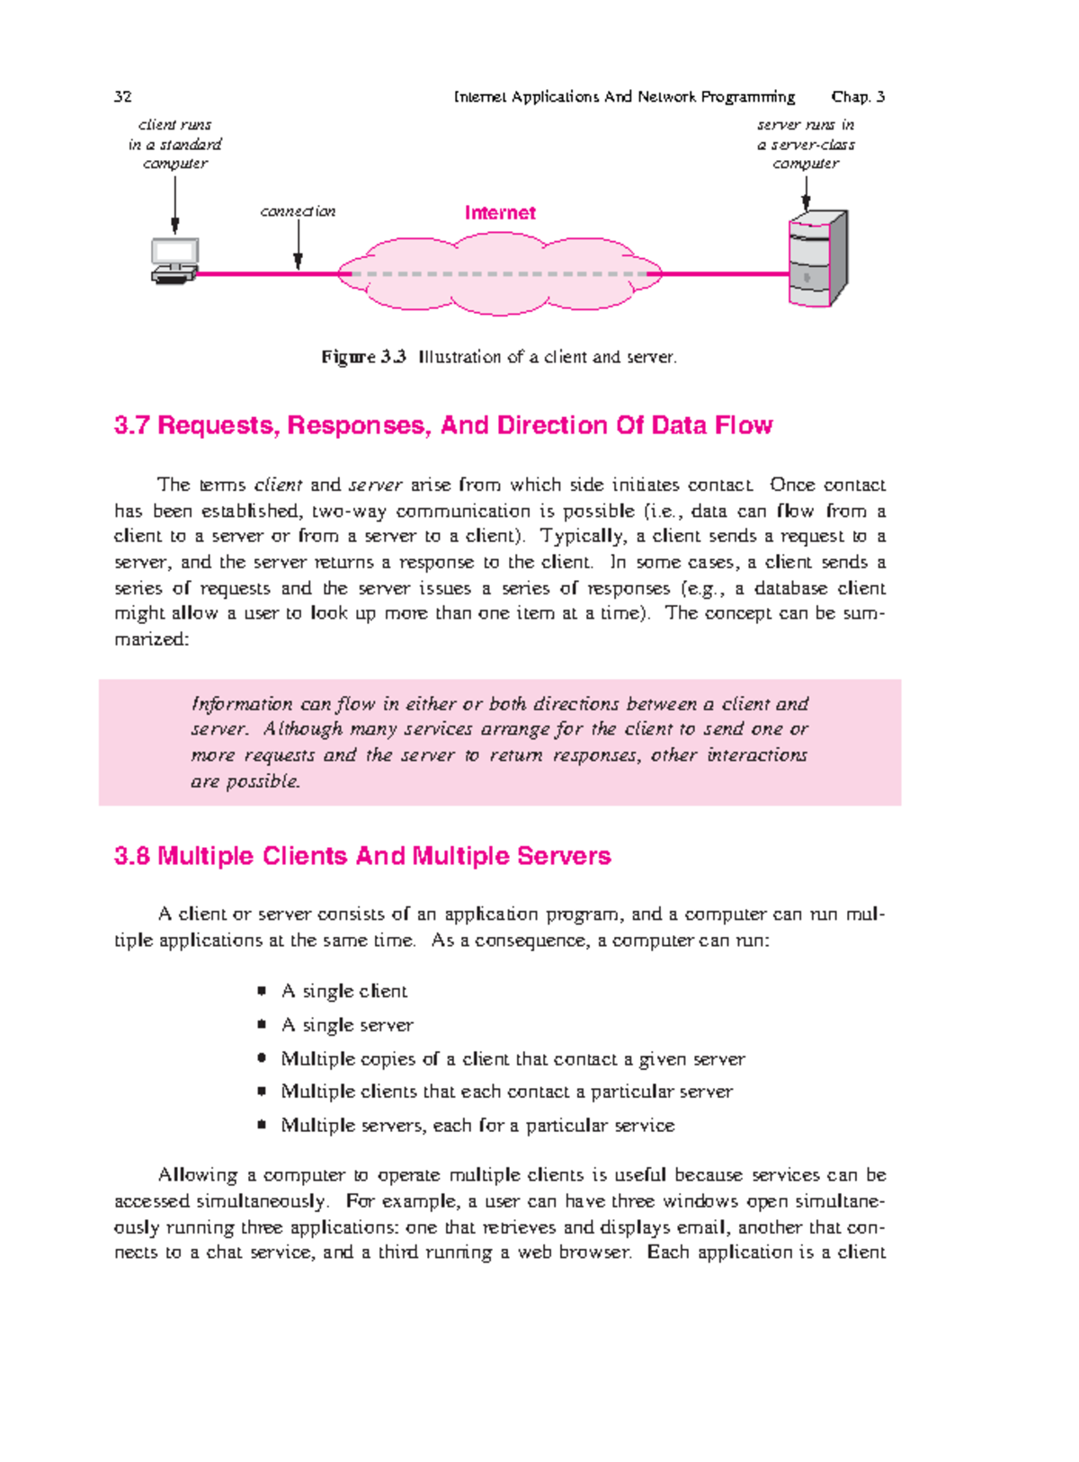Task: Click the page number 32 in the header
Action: pyautogui.click(x=123, y=97)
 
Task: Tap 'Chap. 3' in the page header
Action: pyautogui.click(x=858, y=97)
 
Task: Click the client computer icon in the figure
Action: pyautogui.click(x=175, y=261)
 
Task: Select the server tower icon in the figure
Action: pyautogui.click(x=817, y=259)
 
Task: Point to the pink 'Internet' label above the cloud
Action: pyautogui.click(x=500, y=213)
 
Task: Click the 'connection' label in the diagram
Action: pyautogui.click(x=298, y=211)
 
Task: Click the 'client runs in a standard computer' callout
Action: pyautogui.click(x=175, y=144)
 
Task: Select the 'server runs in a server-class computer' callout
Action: pyautogui.click(x=806, y=144)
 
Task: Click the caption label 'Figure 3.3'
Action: pyautogui.click(x=364, y=357)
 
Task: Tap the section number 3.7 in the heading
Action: pyautogui.click(x=131, y=425)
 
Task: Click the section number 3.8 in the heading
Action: pyautogui.click(x=131, y=856)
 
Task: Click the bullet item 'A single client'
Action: pyautogui.click(x=343, y=991)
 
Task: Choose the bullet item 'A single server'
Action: pyautogui.click(x=347, y=1025)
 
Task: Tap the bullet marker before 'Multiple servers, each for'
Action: pyautogui.click(x=262, y=1125)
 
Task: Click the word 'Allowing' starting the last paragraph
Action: pyautogui.click(x=197, y=1175)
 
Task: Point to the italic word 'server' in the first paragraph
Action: pyautogui.click(x=375, y=486)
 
